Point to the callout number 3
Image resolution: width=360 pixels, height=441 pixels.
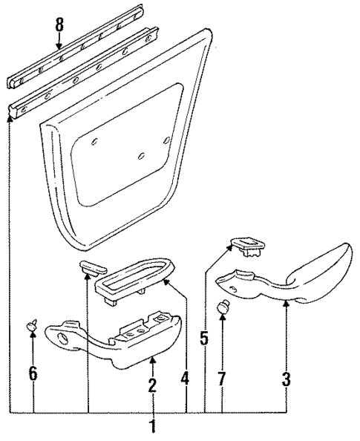(x=286, y=379)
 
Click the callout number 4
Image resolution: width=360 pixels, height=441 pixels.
(x=186, y=379)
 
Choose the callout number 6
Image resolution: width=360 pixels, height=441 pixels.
(x=33, y=373)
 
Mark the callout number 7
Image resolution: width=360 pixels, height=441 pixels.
(x=222, y=379)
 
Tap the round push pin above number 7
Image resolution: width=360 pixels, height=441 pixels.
(x=222, y=306)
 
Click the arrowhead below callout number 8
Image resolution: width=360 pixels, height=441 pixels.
(x=60, y=46)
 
